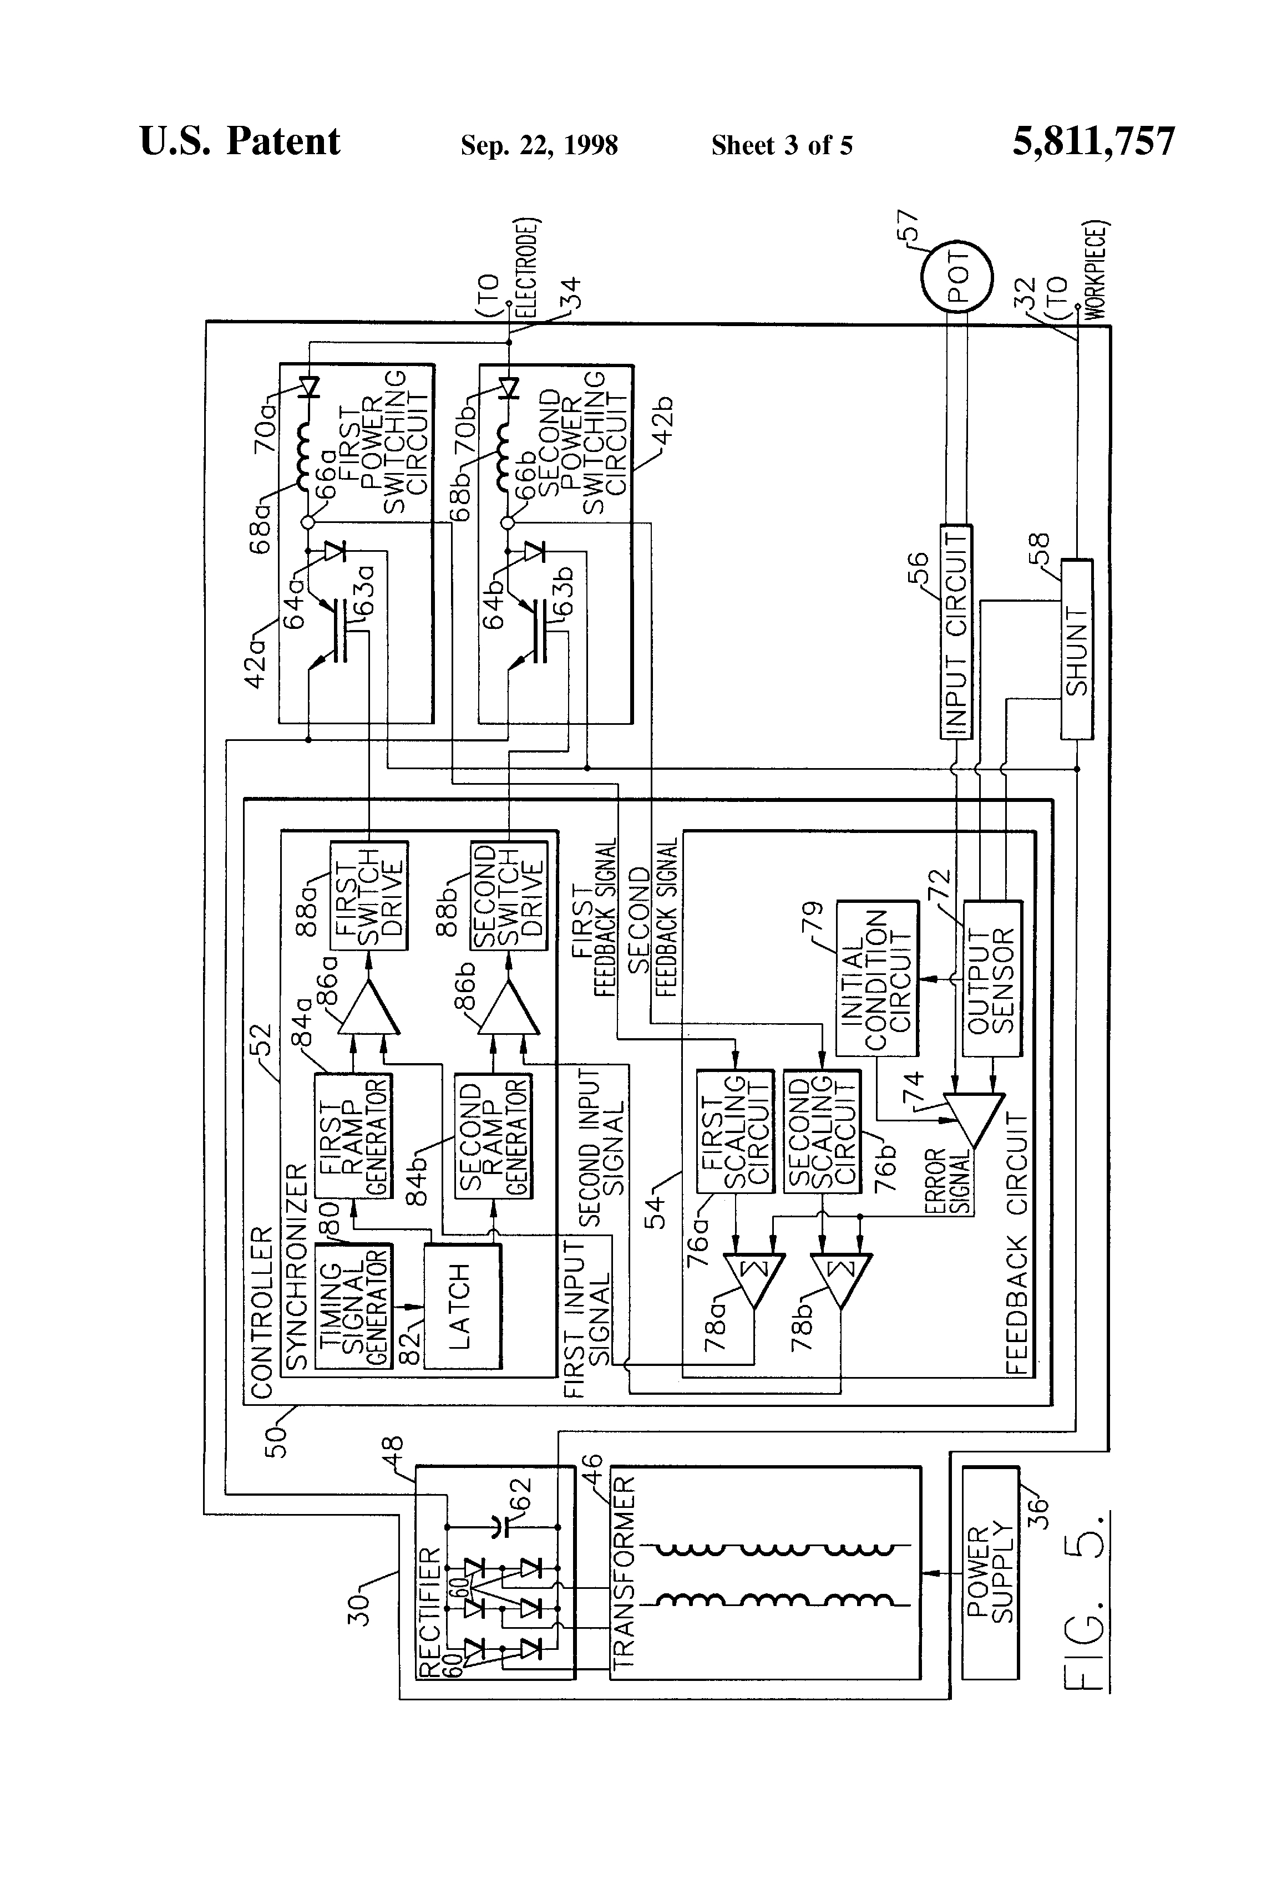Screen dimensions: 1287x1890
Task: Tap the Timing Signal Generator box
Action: pos(353,1306)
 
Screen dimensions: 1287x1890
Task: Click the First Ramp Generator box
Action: pos(353,1136)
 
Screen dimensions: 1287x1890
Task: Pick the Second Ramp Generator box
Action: pos(493,1136)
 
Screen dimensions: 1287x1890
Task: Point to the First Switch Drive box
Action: pos(368,895)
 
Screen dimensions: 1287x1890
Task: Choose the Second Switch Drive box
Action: pos(509,895)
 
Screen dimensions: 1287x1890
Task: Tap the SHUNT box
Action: pos(1076,649)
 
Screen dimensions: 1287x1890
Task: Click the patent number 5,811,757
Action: pos(1093,141)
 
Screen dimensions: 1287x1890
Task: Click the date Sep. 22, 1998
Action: pos(539,145)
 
